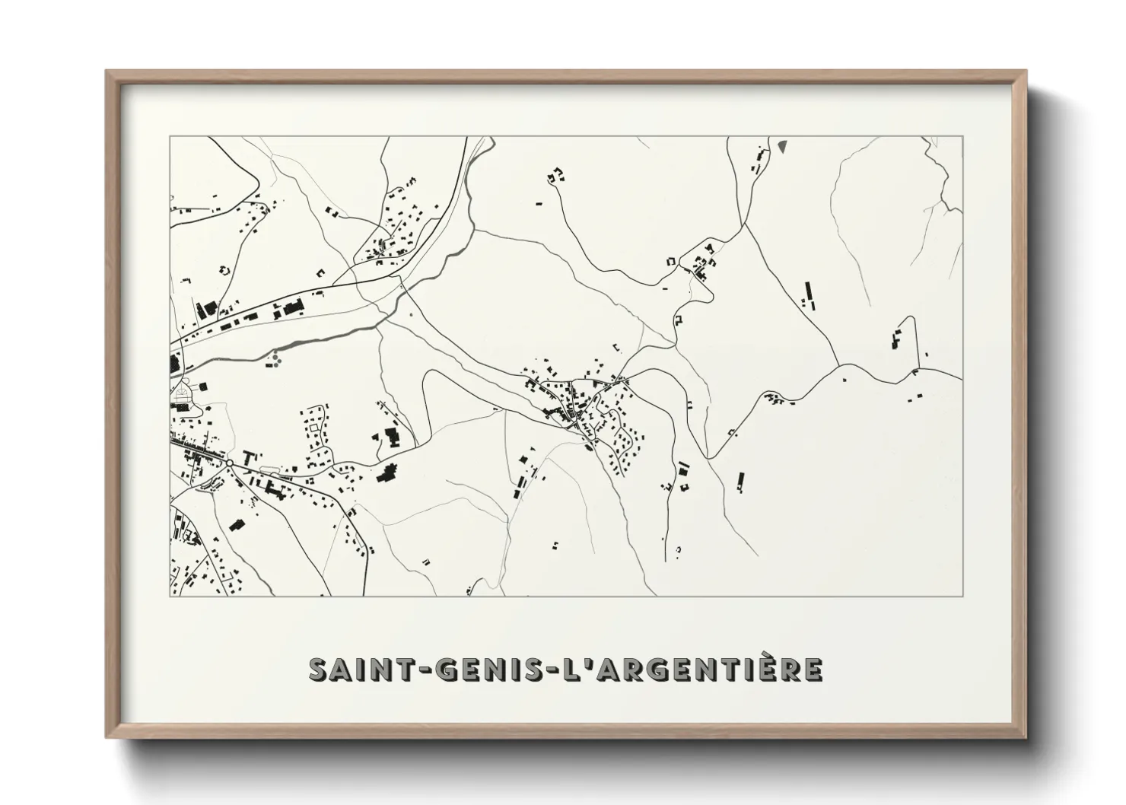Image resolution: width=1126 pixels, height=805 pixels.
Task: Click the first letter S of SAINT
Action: [319, 670]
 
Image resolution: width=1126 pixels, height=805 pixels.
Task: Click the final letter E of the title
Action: [812, 670]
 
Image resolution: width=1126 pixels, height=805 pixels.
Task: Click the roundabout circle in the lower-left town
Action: [229, 463]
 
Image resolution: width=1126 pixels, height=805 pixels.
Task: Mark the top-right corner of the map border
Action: [963, 137]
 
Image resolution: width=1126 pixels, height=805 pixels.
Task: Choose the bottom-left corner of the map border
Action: [170, 596]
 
